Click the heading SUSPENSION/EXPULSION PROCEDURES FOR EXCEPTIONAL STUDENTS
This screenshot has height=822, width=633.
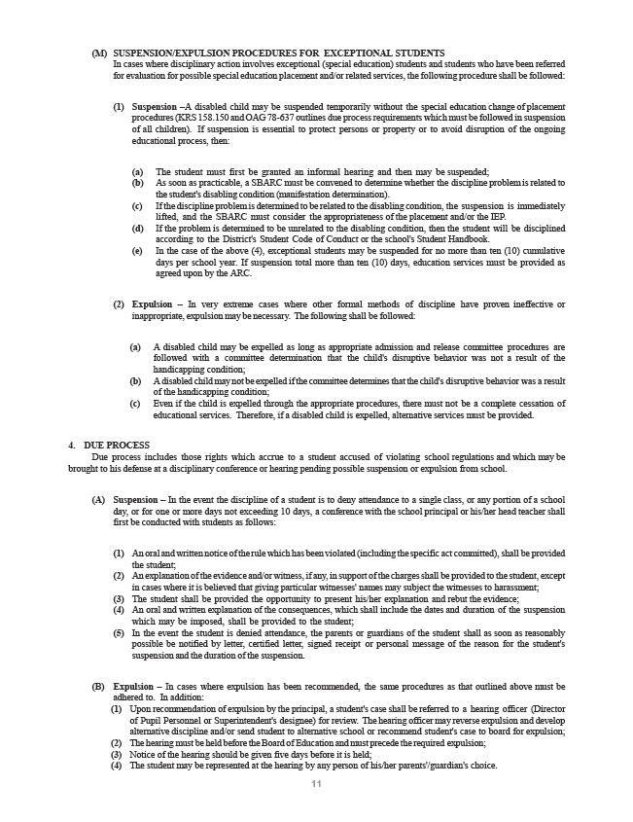[279, 52]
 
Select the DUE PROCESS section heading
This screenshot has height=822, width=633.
[117, 445]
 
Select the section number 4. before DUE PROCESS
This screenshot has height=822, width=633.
[72, 445]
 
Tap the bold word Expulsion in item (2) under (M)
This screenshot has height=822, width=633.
[151, 304]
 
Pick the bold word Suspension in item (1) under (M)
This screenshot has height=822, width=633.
[154, 105]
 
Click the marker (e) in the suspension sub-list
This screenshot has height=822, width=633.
[136, 250]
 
